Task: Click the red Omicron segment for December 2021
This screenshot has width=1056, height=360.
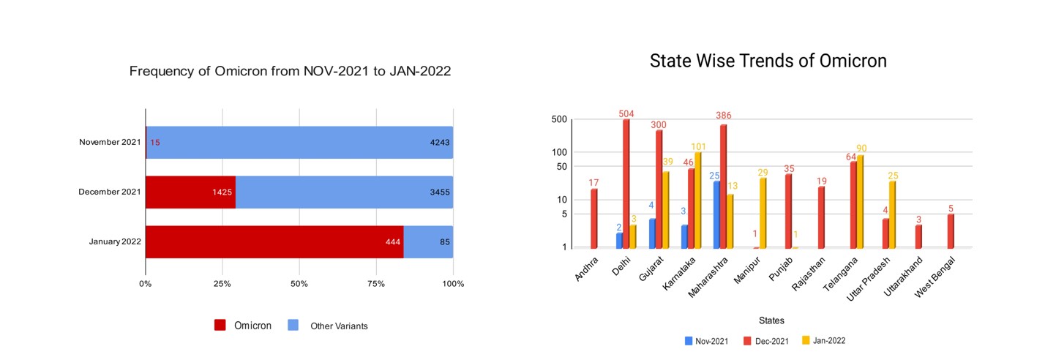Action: coord(190,192)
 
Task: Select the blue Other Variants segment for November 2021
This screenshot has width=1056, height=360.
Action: coord(300,143)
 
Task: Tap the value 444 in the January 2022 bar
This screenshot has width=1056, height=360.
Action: coord(393,242)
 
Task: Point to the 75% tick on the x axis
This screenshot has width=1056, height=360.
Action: coord(376,283)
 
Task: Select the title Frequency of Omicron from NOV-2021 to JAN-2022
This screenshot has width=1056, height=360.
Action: coord(290,71)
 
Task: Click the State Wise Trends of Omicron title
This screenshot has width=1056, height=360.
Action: coord(768,61)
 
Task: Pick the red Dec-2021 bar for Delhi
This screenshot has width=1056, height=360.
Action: coord(626,184)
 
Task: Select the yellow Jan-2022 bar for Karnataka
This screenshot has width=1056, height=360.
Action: coord(698,200)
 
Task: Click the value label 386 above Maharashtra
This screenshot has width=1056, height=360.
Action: coord(723,116)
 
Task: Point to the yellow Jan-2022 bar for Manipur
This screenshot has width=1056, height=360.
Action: coord(763,213)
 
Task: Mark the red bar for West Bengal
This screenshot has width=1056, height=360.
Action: coord(951,231)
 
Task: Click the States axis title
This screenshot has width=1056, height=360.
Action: coord(771,320)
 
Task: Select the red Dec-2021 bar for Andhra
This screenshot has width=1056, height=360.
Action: coord(594,219)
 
